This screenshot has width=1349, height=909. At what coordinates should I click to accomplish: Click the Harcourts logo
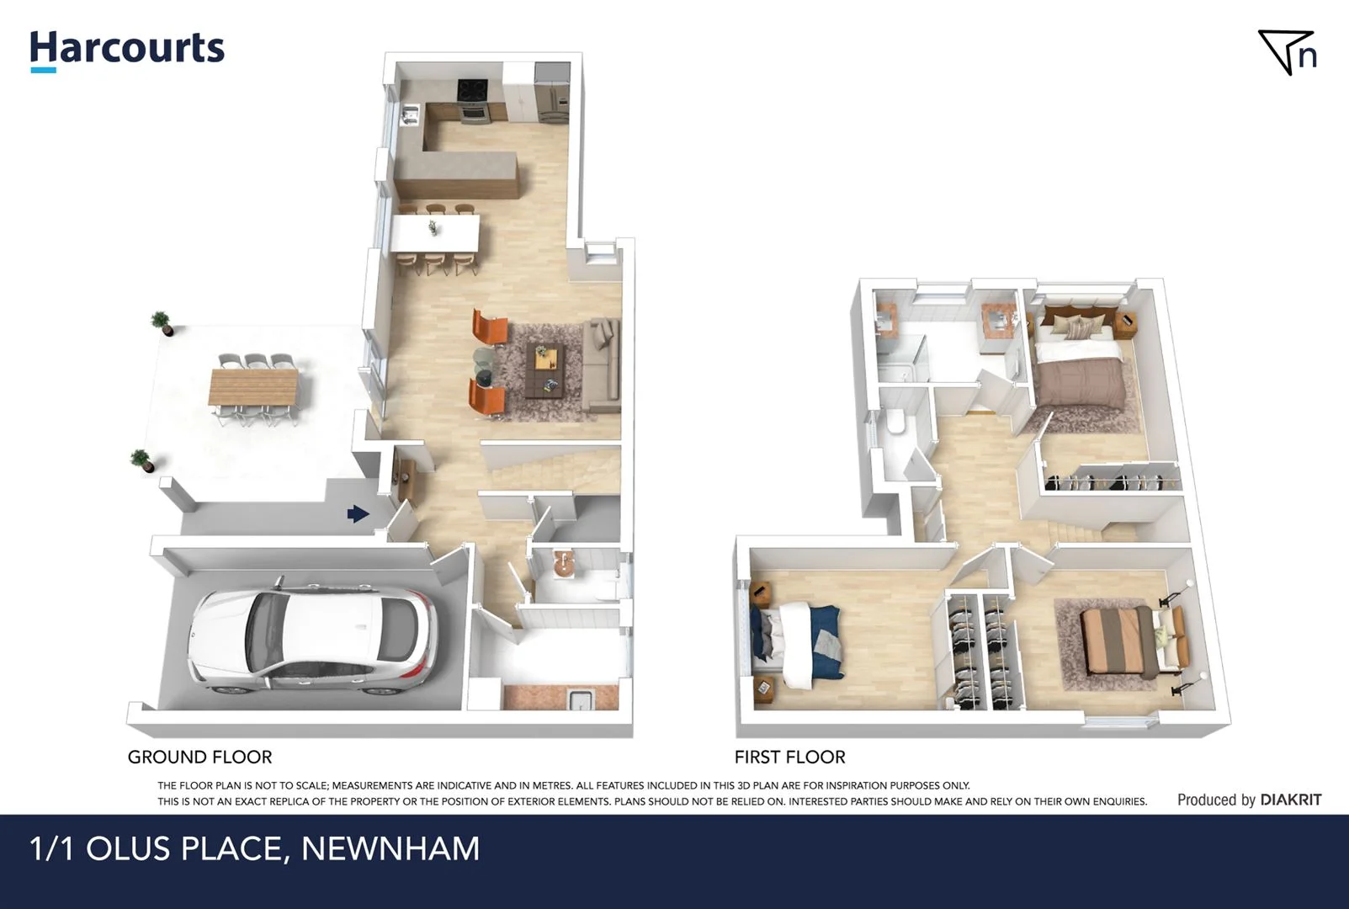127,49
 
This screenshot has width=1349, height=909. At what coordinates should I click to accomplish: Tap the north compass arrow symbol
1287,52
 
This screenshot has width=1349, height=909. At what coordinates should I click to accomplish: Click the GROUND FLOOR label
199,757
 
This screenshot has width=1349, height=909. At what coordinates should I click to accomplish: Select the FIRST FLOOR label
789,757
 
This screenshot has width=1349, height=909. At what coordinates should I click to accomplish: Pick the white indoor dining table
436,231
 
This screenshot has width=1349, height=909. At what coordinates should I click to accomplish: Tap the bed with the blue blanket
799,641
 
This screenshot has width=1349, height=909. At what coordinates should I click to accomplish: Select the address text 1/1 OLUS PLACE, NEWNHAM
254,848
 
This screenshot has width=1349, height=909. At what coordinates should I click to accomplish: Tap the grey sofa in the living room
601,366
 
